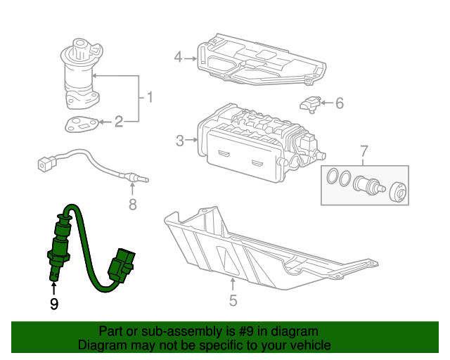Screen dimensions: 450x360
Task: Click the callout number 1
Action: pyautogui.click(x=150, y=97)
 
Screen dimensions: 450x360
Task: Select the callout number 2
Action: pyautogui.click(x=119, y=122)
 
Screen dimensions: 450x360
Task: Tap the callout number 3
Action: pyautogui.click(x=180, y=141)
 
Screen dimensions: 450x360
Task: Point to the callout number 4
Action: pyautogui.click(x=178, y=57)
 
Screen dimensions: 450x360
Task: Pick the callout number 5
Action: pyautogui.click(x=233, y=300)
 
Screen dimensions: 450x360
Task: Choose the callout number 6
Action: pyautogui.click(x=340, y=103)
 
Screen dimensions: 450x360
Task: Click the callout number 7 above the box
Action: pyautogui.click(x=364, y=150)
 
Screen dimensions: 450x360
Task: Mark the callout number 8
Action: pyautogui.click(x=133, y=205)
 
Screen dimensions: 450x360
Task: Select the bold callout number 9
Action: pyautogui.click(x=54, y=304)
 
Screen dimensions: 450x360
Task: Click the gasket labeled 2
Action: pyautogui.click(x=82, y=124)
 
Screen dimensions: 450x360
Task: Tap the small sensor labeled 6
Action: pyautogui.click(x=310, y=105)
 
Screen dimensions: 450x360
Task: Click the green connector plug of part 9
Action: pyautogui.click(x=121, y=264)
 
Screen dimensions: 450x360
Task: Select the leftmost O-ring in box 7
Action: pyautogui.click(x=333, y=176)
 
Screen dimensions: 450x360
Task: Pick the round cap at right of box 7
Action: pyautogui.click(x=398, y=191)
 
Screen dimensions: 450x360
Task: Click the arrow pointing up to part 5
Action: pyautogui.click(x=233, y=284)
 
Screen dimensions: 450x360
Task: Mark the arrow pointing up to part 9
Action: pyautogui.click(x=53, y=289)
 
